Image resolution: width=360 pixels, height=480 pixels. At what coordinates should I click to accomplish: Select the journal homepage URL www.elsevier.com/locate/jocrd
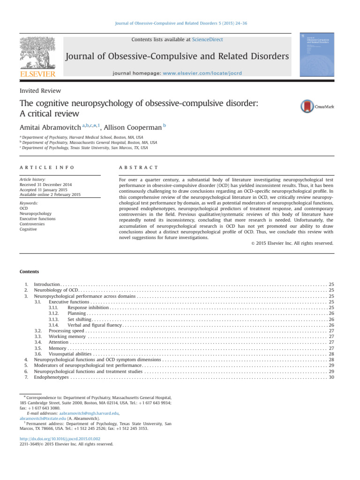coord(209,74)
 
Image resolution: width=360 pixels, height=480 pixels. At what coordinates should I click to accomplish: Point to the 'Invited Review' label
coord(40,90)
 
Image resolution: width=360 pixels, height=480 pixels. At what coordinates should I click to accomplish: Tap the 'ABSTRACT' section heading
coord(139,167)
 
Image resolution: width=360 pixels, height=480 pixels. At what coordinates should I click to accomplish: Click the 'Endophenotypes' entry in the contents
coord(52,377)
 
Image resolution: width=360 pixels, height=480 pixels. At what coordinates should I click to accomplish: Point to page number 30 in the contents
coord(331,377)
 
